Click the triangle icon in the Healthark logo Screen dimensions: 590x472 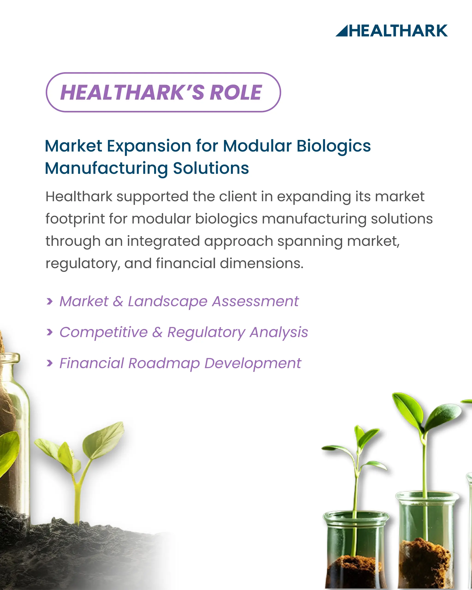[342, 32]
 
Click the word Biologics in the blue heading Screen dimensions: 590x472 [333, 146]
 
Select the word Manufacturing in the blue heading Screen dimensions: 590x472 [106, 168]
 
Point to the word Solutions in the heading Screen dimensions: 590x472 [211, 168]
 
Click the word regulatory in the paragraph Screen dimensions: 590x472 [82, 263]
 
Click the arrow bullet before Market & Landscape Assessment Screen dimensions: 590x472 [50, 301]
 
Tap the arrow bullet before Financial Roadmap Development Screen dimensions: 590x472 [50, 363]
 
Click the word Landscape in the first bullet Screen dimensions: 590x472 [168, 301]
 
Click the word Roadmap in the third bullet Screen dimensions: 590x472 [164, 363]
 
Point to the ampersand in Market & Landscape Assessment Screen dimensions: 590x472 [118, 301]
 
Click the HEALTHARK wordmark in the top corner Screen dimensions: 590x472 [398, 31]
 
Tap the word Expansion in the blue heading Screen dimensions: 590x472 [149, 146]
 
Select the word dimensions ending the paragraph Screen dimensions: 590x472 [262, 263]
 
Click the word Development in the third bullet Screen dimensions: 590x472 [252, 363]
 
